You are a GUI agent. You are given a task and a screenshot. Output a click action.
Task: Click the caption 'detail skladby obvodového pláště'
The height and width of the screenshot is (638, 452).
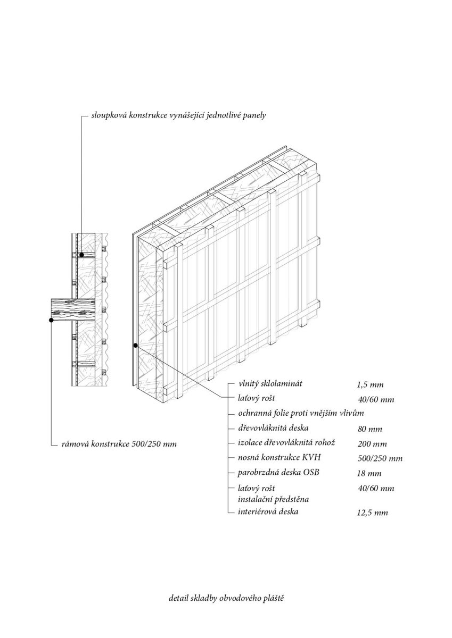click(x=226, y=597)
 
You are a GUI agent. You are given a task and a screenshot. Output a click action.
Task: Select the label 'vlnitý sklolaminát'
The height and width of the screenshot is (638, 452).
click(x=270, y=383)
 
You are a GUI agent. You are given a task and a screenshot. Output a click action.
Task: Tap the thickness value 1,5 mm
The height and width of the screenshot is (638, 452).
click(x=370, y=385)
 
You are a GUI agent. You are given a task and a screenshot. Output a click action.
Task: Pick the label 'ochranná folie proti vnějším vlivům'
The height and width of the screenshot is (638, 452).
click(x=301, y=413)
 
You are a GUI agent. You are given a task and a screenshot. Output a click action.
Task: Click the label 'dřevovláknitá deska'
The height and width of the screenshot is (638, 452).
click(x=273, y=428)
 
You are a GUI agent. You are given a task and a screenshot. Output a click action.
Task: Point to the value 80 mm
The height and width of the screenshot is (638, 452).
click(x=369, y=429)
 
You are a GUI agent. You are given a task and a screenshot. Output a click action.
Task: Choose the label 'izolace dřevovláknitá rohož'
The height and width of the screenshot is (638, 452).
click(x=286, y=442)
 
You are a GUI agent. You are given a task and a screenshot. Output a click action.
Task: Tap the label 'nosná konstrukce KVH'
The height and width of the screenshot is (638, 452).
click(x=279, y=457)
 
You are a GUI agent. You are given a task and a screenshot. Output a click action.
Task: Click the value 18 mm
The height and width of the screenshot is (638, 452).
click(x=369, y=473)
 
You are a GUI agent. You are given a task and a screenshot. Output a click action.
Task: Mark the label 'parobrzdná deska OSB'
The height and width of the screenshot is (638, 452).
click(x=278, y=472)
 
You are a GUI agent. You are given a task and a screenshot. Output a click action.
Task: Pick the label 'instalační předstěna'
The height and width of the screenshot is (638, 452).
click(x=274, y=499)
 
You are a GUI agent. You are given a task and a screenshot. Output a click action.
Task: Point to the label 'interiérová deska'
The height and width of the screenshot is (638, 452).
click(x=268, y=511)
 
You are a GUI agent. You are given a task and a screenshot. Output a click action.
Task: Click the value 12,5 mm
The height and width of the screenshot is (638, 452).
click(x=373, y=513)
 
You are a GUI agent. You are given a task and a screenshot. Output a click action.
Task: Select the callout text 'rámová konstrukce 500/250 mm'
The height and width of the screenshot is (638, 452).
click(x=119, y=444)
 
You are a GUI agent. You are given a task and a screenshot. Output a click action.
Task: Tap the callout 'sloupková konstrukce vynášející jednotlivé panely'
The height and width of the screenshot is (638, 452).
click(x=178, y=115)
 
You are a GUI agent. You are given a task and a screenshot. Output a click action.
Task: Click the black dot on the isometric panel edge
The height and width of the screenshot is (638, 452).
click(x=136, y=346)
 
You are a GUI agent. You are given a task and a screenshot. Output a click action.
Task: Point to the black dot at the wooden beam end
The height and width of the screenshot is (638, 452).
click(x=51, y=320)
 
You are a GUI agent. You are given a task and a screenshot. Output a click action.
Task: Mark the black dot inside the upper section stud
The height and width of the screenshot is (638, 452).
click(x=81, y=255)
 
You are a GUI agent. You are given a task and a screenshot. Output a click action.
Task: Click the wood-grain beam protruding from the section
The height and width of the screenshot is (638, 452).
click(x=73, y=308)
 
